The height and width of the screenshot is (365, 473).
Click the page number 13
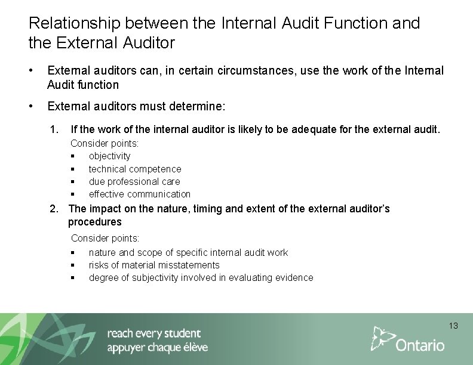pyautogui.click(x=453, y=326)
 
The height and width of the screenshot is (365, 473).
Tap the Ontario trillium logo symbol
pyautogui.click(x=382, y=338)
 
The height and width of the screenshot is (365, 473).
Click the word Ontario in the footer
pyautogui.click(x=420, y=345)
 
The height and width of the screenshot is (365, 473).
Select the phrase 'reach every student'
pyautogui.click(x=154, y=333)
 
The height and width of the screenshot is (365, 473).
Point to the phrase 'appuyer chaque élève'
pyautogui.click(x=157, y=348)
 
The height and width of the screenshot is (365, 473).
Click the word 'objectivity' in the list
pyautogui.click(x=109, y=156)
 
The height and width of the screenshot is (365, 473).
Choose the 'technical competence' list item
pyautogui.click(x=134, y=169)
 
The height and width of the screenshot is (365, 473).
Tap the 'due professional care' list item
pyautogui.click(x=134, y=181)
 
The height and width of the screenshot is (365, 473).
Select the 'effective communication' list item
pyautogui.click(x=139, y=194)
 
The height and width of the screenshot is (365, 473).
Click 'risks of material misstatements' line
pyautogui.click(x=154, y=265)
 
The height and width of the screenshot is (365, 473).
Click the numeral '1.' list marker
pyautogui.click(x=54, y=129)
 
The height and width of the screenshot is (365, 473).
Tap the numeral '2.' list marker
pyautogui.click(x=54, y=209)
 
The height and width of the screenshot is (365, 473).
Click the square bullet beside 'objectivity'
pyautogui.click(x=72, y=156)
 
